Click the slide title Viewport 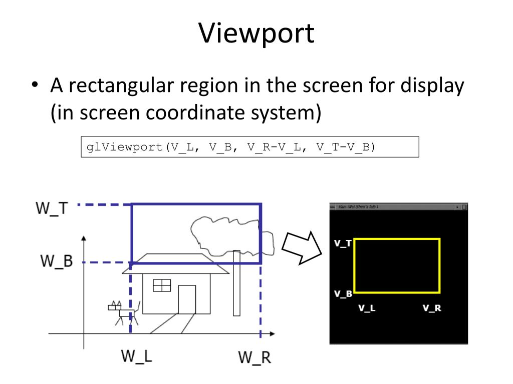coord(256,33)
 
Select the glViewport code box coord(249,148)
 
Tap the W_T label coord(51,207)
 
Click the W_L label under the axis coord(136,356)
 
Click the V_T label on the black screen coord(343,243)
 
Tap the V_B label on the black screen coord(343,293)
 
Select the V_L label coord(367,308)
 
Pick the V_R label coord(432,308)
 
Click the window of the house coord(162,285)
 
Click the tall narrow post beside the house coord(236,283)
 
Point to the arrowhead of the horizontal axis coord(271,333)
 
